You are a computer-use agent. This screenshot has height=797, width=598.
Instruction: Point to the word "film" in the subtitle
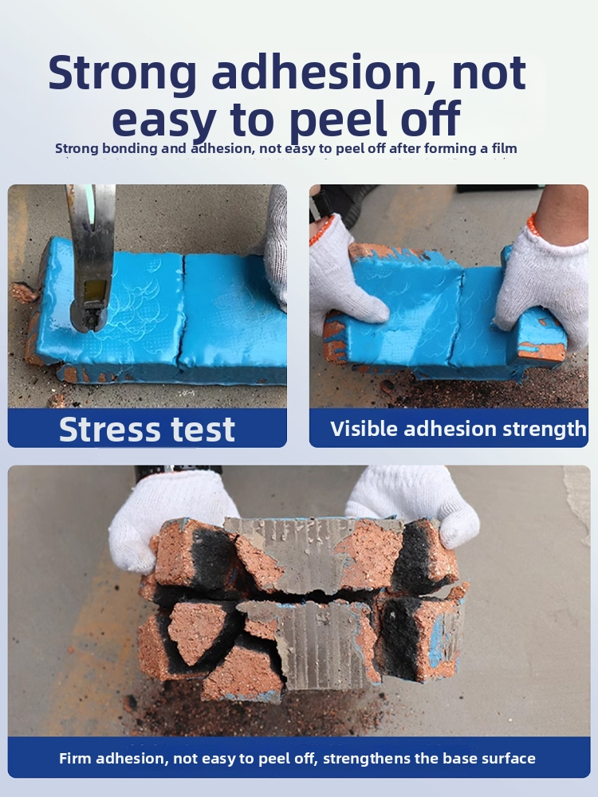505,148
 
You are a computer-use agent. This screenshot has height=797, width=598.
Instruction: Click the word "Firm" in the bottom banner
75,759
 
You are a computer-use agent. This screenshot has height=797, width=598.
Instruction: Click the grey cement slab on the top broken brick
300,552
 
